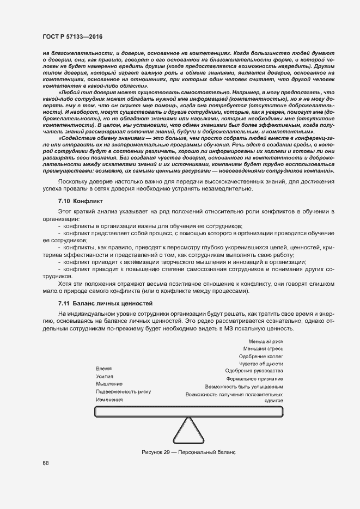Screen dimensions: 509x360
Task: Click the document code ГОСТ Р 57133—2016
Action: tap(72, 36)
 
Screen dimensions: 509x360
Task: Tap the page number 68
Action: tap(46, 463)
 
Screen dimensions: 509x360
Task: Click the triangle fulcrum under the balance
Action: tap(189, 431)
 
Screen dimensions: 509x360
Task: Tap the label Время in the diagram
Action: tap(104, 369)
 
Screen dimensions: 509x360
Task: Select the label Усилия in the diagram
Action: tap(105, 376)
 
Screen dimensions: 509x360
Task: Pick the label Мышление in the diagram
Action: tap(109, 384)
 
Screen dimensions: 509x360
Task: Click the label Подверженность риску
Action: tap(123, 391)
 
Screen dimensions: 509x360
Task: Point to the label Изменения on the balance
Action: tap(109, 399)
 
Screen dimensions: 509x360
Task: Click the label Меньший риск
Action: tap(265, 341)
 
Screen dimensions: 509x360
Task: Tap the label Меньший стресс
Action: tap(263, 348)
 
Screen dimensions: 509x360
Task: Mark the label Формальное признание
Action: tap(254, 378)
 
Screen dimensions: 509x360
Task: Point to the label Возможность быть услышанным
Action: tap(244, 386)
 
